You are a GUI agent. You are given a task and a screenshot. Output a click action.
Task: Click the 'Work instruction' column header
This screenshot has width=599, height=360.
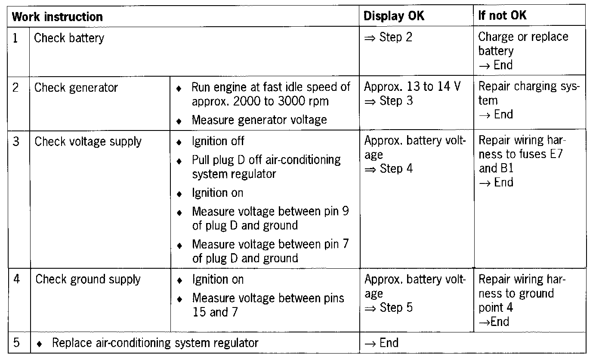[x=57, y=17]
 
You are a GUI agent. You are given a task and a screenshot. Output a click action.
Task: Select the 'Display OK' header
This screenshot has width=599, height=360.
[x=394, y=16]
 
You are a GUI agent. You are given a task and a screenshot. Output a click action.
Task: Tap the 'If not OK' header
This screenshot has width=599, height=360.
[x=502, y=16]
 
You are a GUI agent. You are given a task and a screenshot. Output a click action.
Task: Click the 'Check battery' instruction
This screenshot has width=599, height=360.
[x=69, y=38]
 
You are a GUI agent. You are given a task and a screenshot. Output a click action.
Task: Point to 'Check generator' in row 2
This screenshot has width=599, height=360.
[x=76, y=88]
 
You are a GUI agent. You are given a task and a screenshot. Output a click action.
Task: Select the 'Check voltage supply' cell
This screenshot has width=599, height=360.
[x=88, y=141]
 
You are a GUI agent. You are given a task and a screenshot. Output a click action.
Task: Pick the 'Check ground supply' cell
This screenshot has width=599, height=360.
[x=88, y=279]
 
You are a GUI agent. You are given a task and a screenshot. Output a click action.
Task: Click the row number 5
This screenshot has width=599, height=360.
[x=16, y=343]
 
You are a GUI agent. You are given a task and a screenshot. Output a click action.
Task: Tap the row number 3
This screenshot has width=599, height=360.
[x=16, y=141]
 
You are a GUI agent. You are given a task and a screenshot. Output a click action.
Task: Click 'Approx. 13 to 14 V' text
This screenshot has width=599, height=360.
[x=412, y=87]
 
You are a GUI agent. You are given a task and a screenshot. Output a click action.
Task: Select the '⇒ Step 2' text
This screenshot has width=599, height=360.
[x=388, y=37]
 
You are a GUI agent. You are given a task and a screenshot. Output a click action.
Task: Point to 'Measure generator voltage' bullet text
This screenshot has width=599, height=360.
[x=259, y=120]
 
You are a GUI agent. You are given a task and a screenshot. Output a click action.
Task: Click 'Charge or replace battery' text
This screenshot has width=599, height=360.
[x=523, y=44]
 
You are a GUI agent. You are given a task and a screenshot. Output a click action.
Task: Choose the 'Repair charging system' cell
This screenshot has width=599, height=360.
[x=529, y=93]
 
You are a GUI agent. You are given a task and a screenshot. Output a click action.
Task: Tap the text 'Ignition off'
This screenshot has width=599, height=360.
[x=218, y=141]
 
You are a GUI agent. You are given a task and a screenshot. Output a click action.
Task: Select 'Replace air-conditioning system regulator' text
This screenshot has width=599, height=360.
[x=155, y=343]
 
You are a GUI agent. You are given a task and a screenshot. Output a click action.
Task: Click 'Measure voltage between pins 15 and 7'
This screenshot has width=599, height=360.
[x=268, y=305]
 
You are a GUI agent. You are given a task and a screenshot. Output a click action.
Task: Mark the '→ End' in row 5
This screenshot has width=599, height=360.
[x=381, y=343]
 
